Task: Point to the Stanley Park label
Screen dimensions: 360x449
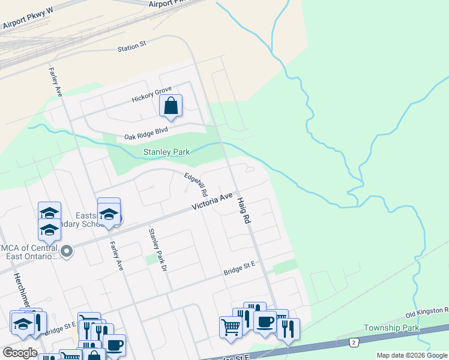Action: click(x=166, y=152)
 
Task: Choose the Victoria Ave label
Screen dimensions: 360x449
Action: click(x=212, y=201)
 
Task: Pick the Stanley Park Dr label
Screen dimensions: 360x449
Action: click(x=157, y=249)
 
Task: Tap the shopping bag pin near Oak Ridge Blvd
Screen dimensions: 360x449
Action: click(x=171, y=106)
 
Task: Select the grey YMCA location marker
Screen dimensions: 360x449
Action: click(x=67, y=251)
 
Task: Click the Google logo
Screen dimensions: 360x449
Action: click(x=19, y=352)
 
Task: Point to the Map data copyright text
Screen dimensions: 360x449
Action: click(x=412, y=355)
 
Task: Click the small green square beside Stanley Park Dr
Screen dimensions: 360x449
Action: click(x=151, y=259)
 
